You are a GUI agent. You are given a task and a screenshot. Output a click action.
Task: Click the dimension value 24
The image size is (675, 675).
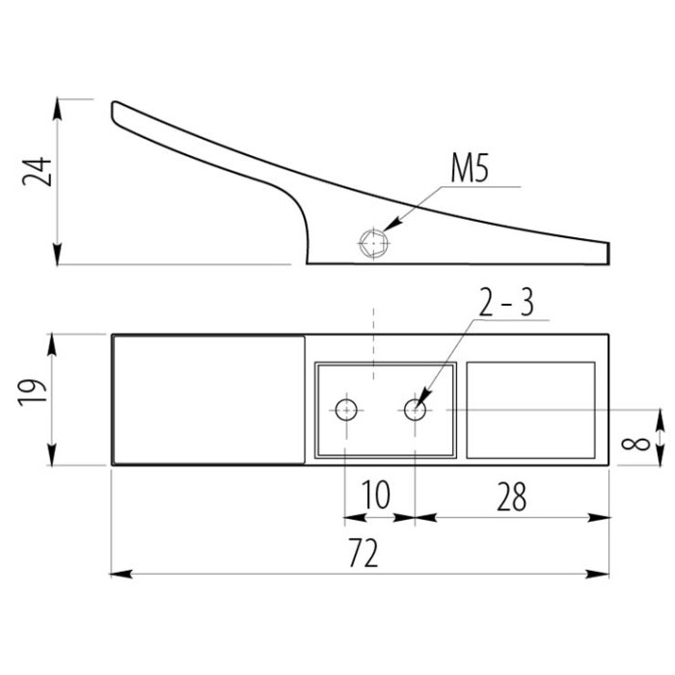pyautogui.click(x=37, y=172)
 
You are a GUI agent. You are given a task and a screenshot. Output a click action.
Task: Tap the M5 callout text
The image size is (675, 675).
pyautogui.click(x=470, y=168)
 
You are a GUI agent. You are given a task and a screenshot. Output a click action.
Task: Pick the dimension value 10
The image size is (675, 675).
pyautogui.click(x=376, y=495)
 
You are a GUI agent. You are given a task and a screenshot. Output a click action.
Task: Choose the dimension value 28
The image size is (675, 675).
pyautogui.click(x=512, y=497)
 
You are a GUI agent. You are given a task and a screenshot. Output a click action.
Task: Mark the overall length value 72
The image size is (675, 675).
pyautogui.click(x=364, y=553)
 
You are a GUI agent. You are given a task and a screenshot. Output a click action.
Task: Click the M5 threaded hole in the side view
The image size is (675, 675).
pyautogui.click(x=374, y=243)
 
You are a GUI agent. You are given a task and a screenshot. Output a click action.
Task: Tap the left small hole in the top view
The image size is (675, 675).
pyautogui.click(x=346, y=410)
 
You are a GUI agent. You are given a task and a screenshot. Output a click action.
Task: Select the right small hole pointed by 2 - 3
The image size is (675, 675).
pyautogui.click(x=415, y=410)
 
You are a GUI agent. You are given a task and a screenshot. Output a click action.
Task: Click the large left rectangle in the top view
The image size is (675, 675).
pyautogui.click(x=208, y=400)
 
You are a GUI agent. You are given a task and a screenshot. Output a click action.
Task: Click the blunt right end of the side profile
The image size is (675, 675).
pyautogui.click(x=608, y=253)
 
